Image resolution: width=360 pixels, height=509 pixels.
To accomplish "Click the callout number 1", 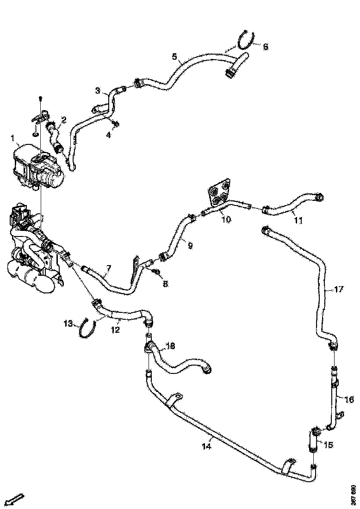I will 13,137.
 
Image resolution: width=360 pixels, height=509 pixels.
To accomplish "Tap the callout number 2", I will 64,119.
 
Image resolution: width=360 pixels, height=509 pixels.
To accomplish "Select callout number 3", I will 98,91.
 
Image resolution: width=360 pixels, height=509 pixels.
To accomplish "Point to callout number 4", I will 109,135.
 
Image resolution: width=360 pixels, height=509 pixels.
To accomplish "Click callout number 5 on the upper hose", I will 174,57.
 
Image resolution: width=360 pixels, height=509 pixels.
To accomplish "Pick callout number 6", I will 265,47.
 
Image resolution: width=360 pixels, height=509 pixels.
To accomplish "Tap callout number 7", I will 108,268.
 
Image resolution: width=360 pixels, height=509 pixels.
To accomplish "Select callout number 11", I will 298,221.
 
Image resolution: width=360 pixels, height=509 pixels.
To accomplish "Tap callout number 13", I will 68,323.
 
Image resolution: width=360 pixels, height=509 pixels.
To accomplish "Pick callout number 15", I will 328,445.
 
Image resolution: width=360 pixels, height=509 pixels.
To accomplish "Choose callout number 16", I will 349,398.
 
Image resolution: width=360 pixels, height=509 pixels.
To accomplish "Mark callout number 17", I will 339,290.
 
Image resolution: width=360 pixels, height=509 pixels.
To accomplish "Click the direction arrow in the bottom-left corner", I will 15,499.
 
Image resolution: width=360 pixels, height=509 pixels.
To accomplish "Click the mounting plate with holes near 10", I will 219,194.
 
